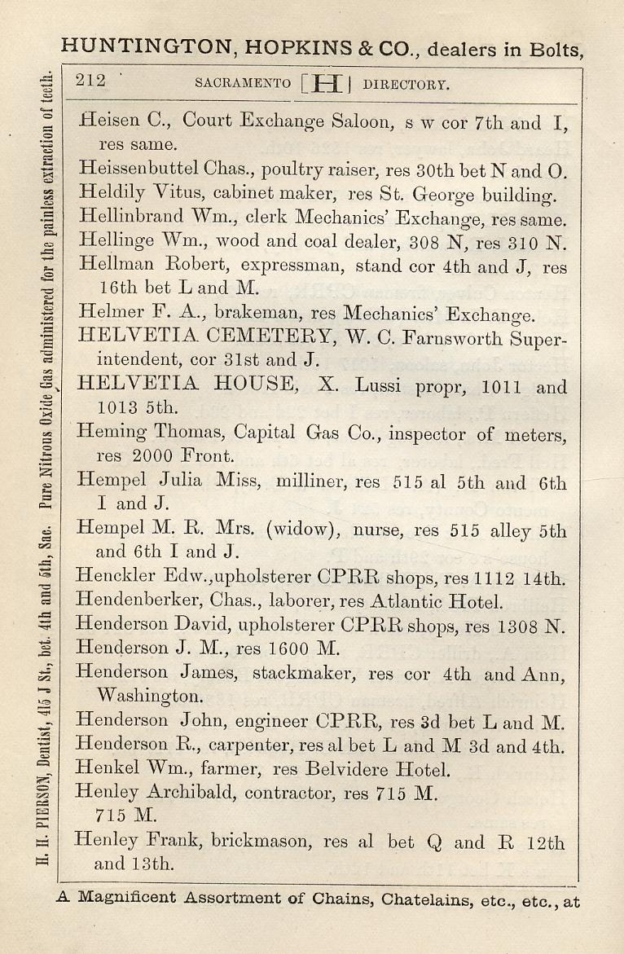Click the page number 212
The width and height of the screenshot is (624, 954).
coord(90,80)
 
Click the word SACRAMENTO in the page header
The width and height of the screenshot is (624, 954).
coord(243,84)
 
